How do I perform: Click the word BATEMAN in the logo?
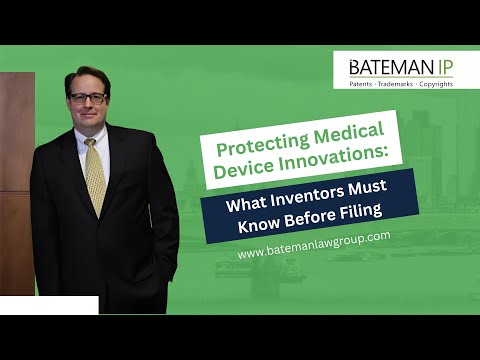point(385,66)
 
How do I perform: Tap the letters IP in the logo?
point(440,66)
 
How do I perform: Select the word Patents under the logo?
point(365,83)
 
